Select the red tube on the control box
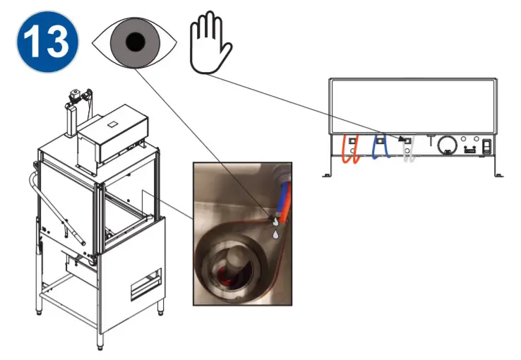[x=351, y=149]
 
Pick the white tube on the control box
[x=408, y=150]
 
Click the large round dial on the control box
[x=446, y=145]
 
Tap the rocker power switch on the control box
[x=487, y=147]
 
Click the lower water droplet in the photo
[x=276, y=230]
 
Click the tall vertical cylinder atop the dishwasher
[x=71, y=119]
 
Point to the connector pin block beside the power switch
[x=467, y=150]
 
